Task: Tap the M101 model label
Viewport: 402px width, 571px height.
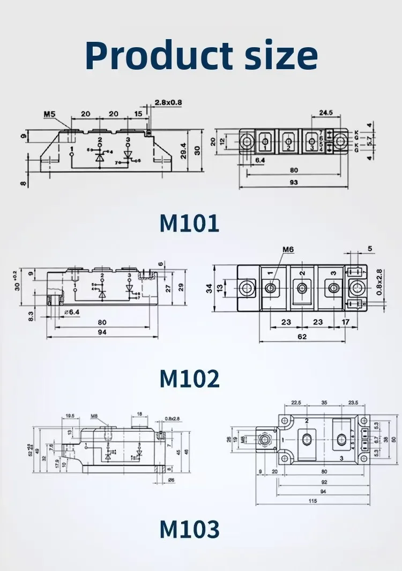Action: tap(189, 223)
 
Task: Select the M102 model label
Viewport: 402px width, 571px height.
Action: tap(189, 379)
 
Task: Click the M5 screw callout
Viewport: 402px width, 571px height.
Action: tap(50, 114)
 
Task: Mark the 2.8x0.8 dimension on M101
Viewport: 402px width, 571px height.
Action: tap(168, 102)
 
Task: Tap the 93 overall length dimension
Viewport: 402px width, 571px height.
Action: tap(294, 182)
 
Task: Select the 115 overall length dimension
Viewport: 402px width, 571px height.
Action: tap(312, 500)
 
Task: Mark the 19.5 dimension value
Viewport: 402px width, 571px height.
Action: tap(69, 416)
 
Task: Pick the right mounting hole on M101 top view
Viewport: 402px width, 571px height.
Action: tap(340, 142)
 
